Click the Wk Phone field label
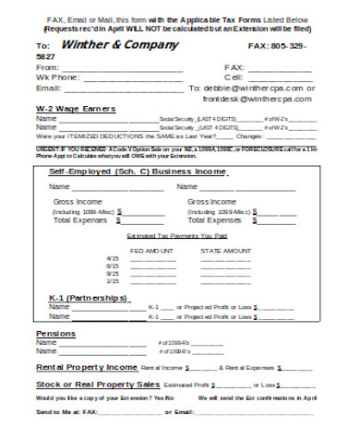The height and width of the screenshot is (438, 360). [57, 78]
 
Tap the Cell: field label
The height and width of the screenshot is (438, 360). [234, 78]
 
